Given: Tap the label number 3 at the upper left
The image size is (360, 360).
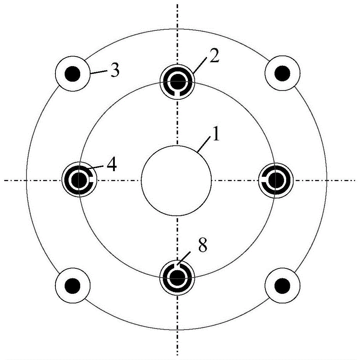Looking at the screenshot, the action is tap(115, 70).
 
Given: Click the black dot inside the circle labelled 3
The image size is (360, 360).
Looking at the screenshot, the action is tap(73, 74).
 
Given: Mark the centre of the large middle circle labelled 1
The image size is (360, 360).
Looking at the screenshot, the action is tap(176, 181).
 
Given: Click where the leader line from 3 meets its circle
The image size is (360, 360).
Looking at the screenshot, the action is tap(90, 74).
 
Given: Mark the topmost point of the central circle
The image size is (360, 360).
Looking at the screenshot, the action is tap(176, 146).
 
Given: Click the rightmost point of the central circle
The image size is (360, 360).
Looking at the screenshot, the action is tap(211, 181).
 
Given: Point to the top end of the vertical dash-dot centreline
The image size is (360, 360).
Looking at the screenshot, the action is tap(177, 4).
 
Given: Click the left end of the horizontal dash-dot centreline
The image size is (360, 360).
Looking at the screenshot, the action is tap(4, 181).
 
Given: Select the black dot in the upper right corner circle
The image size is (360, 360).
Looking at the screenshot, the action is tap(282, 74).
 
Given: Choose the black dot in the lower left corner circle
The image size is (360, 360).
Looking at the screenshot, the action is tap(73, 286).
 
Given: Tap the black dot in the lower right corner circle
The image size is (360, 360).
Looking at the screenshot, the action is tap(282, 286).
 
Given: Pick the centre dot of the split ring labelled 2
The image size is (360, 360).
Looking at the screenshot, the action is tap(177, 82).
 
